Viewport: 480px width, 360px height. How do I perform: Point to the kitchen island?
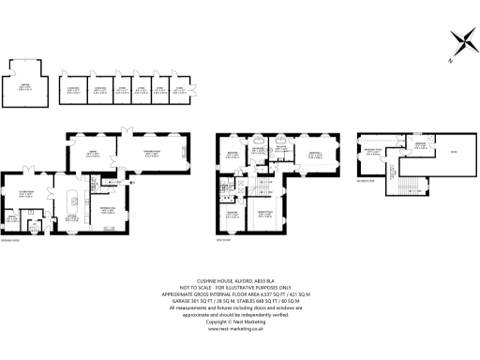(72, 201)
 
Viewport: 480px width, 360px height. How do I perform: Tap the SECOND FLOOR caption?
(368, 181)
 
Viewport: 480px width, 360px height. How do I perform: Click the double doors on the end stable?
(193, 88)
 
